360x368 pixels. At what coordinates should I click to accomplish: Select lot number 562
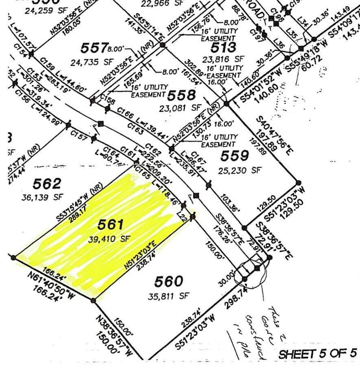point(48,184)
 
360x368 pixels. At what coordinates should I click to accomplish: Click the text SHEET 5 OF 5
point(316,353)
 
